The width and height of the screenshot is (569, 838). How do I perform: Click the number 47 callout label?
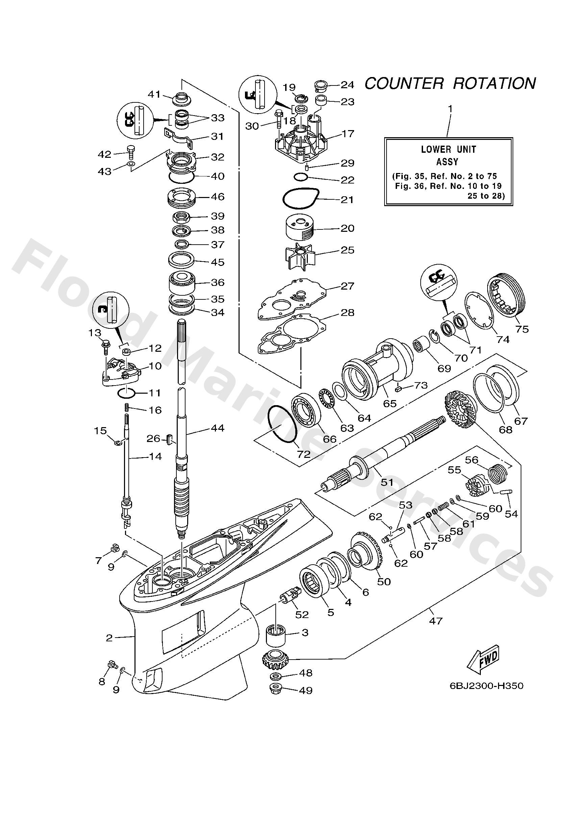click(x=436, y=621)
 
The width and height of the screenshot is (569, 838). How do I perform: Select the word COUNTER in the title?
click(x=404, y=84)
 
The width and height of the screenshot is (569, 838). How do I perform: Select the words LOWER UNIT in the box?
click(x=448, y=149)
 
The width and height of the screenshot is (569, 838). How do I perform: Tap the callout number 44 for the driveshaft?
click(x=218, y=428)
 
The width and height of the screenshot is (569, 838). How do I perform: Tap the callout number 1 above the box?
click(x=449, y=108)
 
